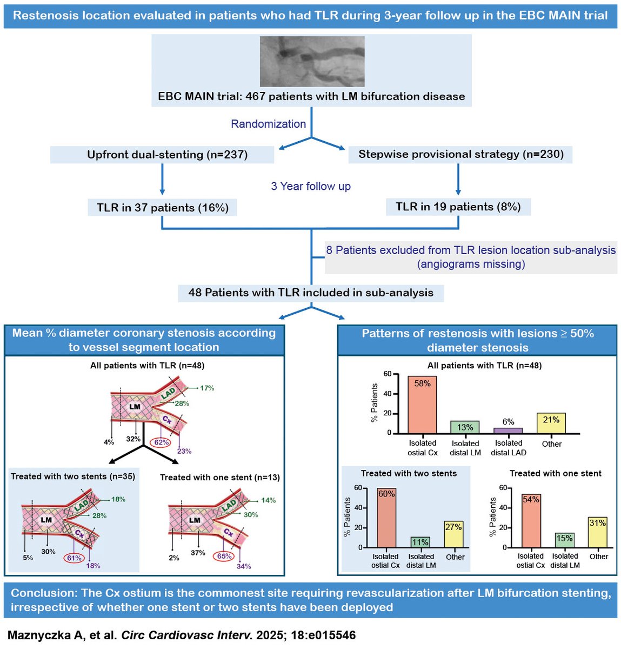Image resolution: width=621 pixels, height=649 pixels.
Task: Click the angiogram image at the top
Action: [312, 62]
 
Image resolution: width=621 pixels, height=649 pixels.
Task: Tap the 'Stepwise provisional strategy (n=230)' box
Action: [461, 154]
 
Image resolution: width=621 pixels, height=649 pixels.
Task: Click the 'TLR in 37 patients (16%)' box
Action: [162, 208]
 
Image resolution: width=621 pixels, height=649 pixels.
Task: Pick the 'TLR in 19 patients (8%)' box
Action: [458, 207]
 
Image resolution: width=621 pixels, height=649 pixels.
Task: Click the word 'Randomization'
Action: [268, 124]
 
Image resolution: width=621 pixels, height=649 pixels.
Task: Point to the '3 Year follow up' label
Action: [311, 186]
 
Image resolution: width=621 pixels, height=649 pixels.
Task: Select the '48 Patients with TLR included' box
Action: [311, 293]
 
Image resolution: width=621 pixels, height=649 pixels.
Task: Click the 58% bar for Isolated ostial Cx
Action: [422, 405]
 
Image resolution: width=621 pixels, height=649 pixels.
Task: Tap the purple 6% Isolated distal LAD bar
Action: [508, 431]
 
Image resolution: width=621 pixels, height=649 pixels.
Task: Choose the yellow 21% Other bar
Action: [551, 423]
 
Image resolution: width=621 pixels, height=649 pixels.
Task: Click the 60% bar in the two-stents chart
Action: [386, 518]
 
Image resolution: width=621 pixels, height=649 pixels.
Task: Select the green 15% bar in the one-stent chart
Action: [564, 540]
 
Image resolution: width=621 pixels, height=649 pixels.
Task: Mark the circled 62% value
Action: [162, 442]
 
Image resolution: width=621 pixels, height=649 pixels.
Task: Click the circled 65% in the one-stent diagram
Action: [224, 556]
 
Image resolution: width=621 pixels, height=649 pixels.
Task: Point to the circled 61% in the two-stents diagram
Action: [74, 558]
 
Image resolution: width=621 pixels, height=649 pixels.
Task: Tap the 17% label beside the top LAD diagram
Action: [207, 388]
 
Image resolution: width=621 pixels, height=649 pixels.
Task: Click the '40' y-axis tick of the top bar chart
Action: [388, 394]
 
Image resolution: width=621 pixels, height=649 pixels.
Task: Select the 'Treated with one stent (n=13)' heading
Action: [219, 478]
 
